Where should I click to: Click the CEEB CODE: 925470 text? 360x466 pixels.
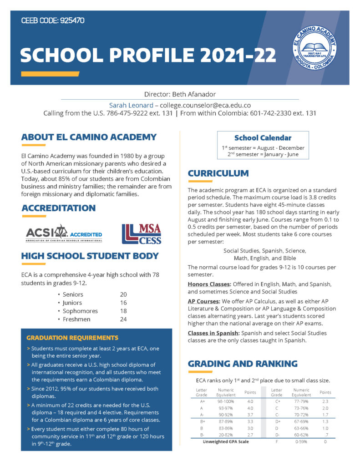[53, 21]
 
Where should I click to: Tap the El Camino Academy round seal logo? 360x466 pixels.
[314, 47]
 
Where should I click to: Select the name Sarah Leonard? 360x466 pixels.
[131, 105]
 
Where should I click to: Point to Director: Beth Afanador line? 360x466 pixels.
[180, 95]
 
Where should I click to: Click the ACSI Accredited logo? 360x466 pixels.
[64, 234]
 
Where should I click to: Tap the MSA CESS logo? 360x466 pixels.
[142, 234]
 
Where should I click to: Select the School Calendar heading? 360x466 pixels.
[263, 138]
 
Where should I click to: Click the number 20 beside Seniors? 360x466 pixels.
[123, 294]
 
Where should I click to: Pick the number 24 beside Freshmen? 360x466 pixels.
[123, 319]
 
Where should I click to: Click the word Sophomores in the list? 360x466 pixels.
[80, 311]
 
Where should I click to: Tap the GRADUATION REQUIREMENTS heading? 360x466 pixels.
[72, 338]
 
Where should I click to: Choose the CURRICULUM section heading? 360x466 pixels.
[218, 173]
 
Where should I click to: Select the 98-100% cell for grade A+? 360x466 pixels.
[226, 402]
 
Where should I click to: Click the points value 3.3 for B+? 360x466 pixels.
[250, 422]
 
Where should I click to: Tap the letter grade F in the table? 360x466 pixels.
[277, 442]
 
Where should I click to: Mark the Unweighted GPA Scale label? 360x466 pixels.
[226, 442]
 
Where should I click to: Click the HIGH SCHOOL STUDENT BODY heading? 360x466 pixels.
[90, 256]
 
